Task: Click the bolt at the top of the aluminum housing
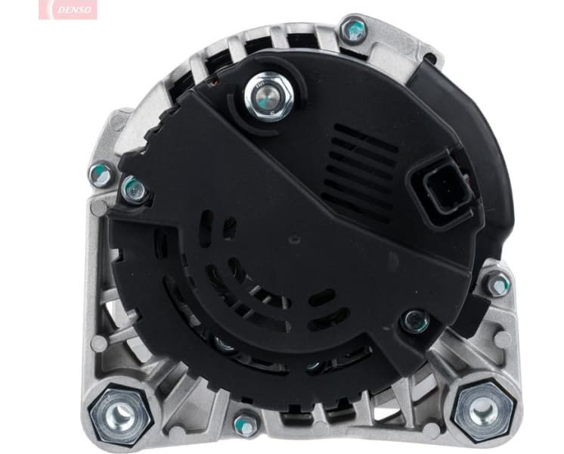tap(352, 30)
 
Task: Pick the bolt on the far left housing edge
tap(100, 175)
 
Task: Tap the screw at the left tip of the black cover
tap(134, 189)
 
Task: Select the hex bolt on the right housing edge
tap(497, 284)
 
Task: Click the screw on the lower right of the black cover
tap(415, 321)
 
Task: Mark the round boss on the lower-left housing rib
tap(98, 344)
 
